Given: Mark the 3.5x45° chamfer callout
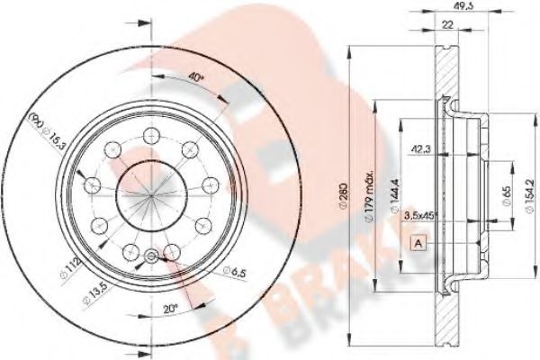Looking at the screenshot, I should coord(422,217).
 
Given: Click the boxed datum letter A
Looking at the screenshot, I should coord(418,241).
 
